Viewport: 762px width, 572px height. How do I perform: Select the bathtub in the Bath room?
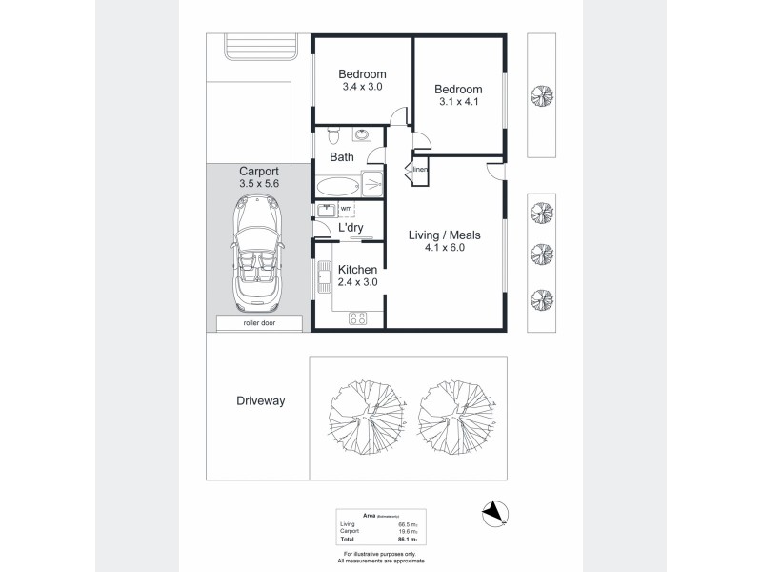point(336,184)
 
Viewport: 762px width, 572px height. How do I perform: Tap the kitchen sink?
point(324,279)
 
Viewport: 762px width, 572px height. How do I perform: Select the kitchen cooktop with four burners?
point(358,318)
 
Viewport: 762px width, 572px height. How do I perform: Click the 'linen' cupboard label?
point(420,170)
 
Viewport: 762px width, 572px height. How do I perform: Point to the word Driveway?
point(260,401)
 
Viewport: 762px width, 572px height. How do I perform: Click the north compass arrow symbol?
point(493,514)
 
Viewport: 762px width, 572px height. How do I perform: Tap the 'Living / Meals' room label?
point(444,235)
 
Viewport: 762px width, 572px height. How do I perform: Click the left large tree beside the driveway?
point(366,412)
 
